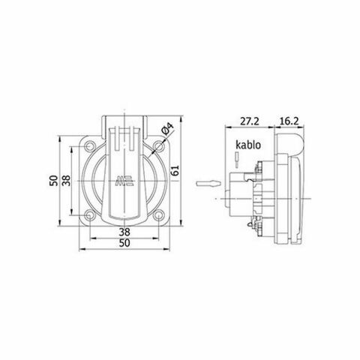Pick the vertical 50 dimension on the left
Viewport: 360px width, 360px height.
pyautogui.click(x=54, y=181)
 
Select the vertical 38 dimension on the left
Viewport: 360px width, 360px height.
pyautogui.click(x=67, y=181)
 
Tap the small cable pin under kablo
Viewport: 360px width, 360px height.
pyautogui.click(x=237, y=158)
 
